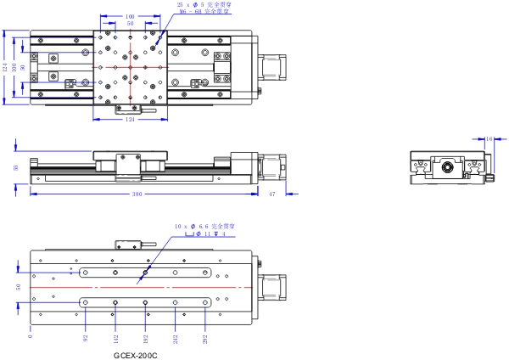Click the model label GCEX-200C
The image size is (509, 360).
point(135,355)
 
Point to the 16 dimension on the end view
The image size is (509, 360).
point(489,138)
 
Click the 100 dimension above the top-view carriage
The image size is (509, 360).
point(130,16)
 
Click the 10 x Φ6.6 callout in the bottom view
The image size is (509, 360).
point(204,227)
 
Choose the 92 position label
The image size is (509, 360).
point(87,337)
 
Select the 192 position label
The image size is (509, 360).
point(146,337)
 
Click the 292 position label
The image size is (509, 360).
point(204,337)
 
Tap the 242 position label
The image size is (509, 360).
point(175,337)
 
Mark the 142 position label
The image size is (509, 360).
point(116,337)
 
